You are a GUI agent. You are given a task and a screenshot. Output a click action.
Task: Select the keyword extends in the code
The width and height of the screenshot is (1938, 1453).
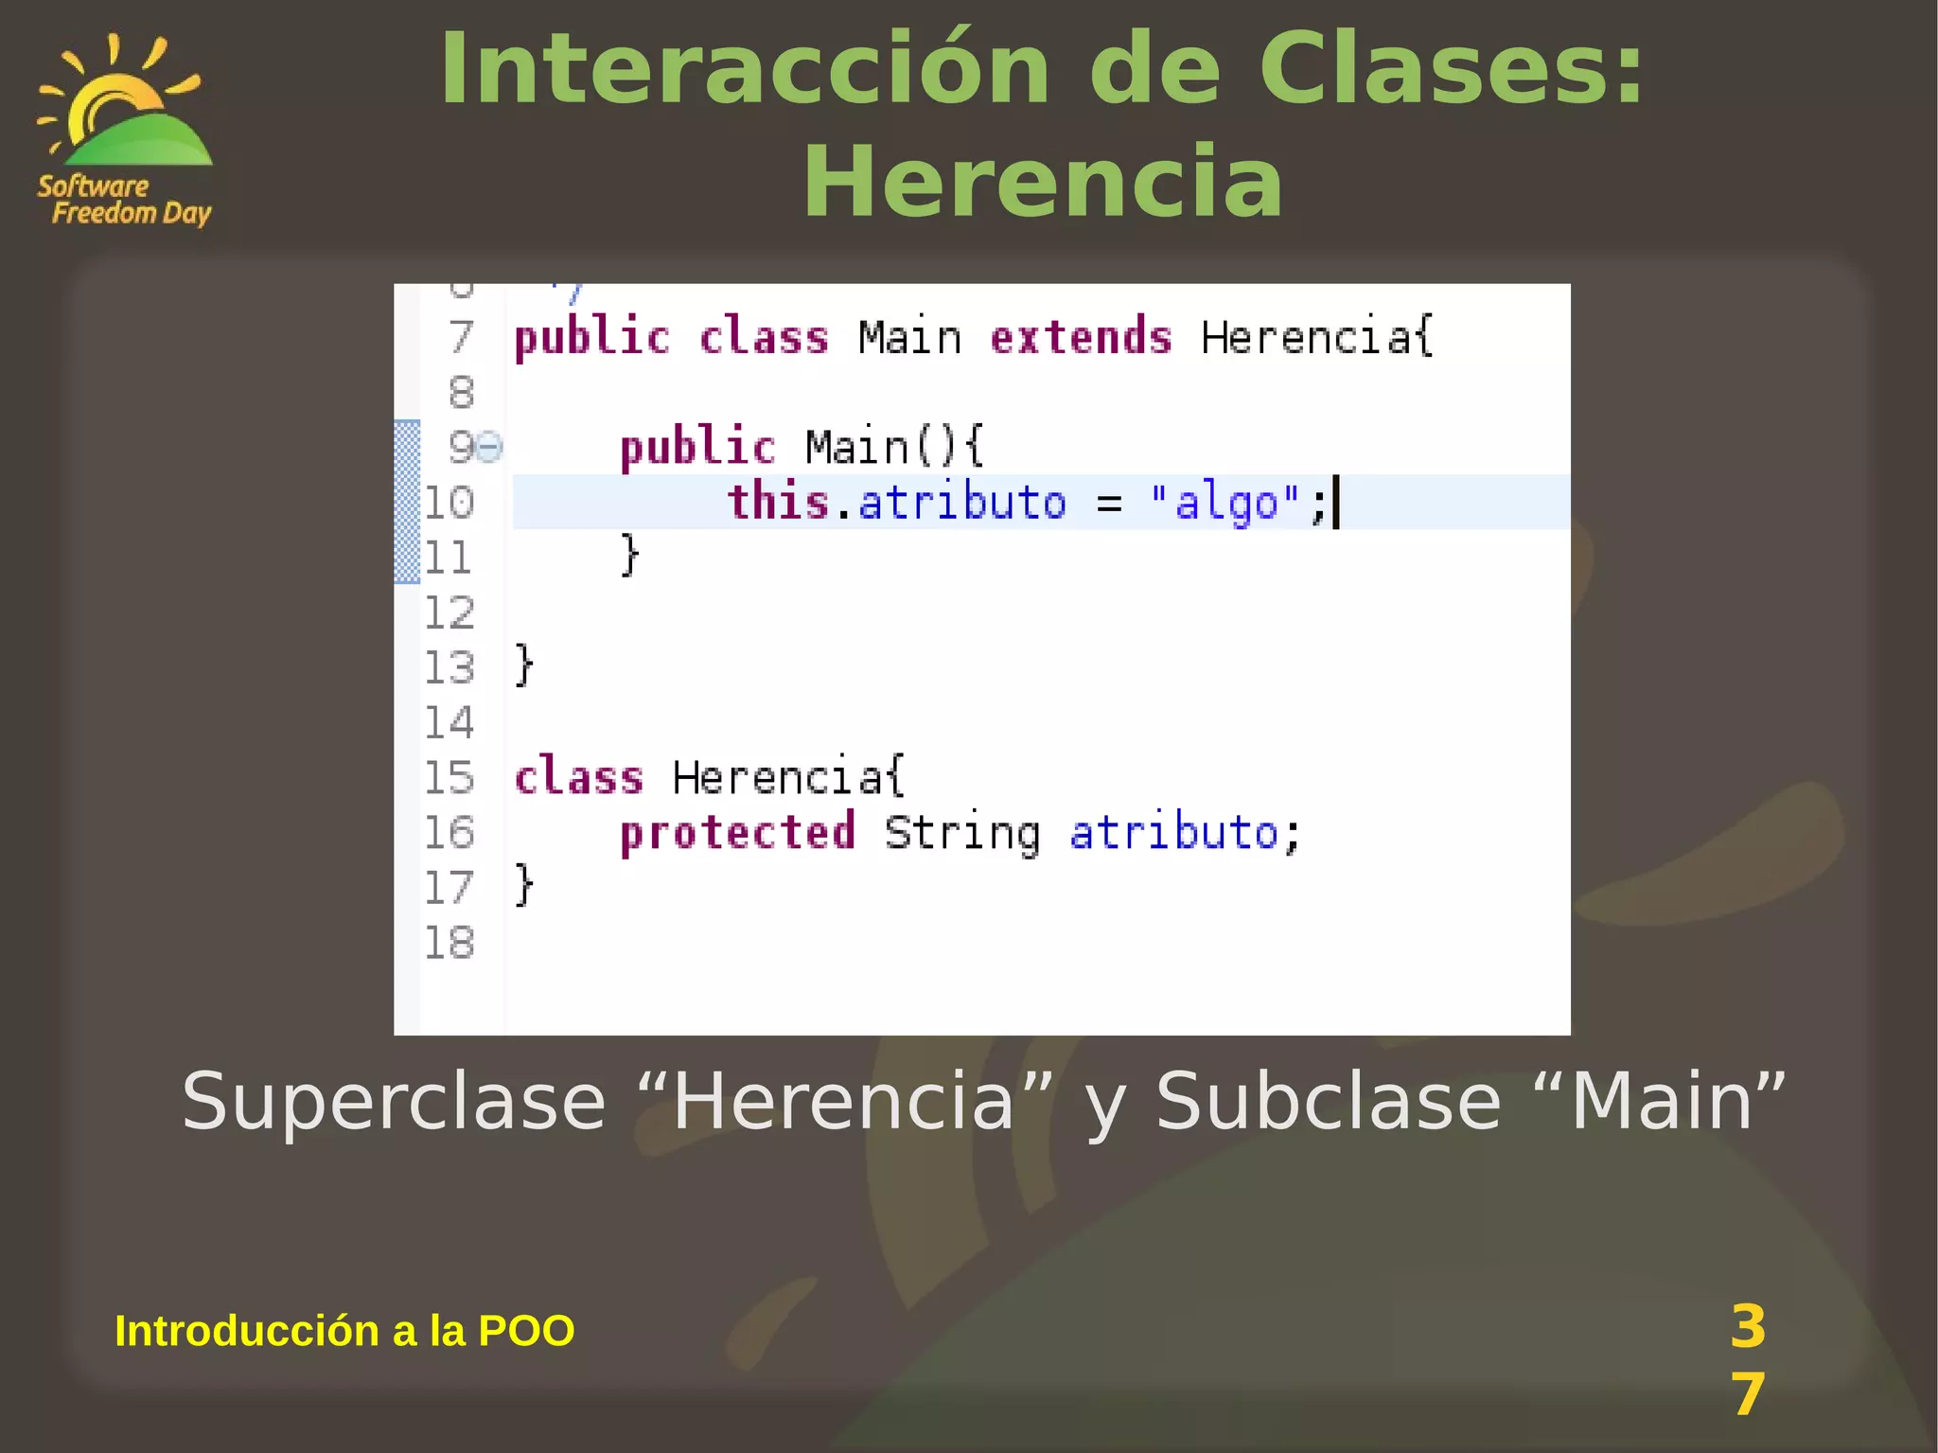(x=1081, y=338)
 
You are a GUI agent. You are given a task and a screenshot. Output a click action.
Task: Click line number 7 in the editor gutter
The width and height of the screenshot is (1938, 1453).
(x=461, y=337)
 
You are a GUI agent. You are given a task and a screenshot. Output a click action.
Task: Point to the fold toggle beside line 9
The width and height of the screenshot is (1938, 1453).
(x=490, y=446)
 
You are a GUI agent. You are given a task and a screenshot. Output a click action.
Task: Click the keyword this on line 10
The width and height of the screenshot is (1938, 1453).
(x=778, y=501)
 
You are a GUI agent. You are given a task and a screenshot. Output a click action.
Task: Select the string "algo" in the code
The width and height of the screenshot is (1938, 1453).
(x=1225, y=502)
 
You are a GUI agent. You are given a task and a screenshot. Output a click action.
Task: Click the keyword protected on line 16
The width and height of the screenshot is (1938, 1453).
(x=737, y=832)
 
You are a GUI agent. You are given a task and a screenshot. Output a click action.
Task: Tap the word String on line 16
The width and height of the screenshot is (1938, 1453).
(x=962, y=833)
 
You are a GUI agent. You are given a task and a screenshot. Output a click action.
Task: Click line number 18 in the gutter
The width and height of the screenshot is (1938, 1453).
(x=449, y=943)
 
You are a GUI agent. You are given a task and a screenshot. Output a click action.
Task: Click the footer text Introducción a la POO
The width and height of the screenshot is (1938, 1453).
(x=344, y=1330)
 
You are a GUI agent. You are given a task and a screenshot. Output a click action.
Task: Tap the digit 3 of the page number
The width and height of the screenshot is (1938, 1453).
(x=1747, y=1326)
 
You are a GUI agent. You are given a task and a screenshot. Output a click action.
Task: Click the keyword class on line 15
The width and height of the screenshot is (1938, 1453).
(x=579, y=777)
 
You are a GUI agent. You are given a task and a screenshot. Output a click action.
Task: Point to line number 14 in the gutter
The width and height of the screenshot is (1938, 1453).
(x=449, y=723)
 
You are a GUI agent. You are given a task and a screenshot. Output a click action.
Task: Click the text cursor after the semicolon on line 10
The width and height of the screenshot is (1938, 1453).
(x=1336, y=503)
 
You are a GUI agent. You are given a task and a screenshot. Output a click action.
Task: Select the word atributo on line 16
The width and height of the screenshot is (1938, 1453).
(x=1173, y=833)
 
